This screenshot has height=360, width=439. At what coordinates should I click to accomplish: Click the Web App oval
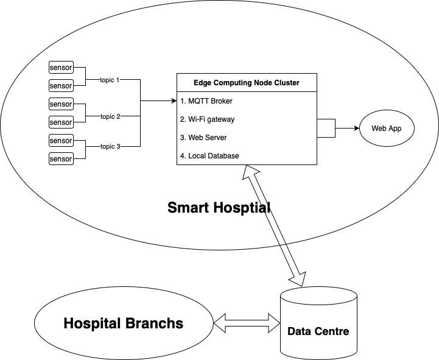386,129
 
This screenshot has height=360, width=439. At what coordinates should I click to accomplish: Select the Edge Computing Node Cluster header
247,83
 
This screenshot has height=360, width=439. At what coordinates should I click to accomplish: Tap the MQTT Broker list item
206,101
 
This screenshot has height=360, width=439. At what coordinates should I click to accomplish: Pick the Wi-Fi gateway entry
208,119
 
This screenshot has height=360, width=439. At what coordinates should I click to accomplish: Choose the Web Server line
203,138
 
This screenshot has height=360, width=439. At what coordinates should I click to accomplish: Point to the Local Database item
209,156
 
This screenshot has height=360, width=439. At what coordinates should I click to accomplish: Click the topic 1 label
110,80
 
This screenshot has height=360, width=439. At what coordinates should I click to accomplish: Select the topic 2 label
110,116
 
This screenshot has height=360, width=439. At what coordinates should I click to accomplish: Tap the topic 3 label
110,147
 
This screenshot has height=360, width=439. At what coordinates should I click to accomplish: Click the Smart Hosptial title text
219,208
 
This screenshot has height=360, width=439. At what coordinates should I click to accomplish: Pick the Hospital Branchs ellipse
123,323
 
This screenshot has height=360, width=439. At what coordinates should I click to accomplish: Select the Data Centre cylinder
318,323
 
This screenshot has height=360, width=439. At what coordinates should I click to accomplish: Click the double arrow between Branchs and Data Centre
246,323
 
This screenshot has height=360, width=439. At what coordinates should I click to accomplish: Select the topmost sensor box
61,68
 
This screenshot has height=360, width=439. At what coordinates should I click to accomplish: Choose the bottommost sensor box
61,159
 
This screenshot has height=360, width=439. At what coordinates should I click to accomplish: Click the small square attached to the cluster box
326,129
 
